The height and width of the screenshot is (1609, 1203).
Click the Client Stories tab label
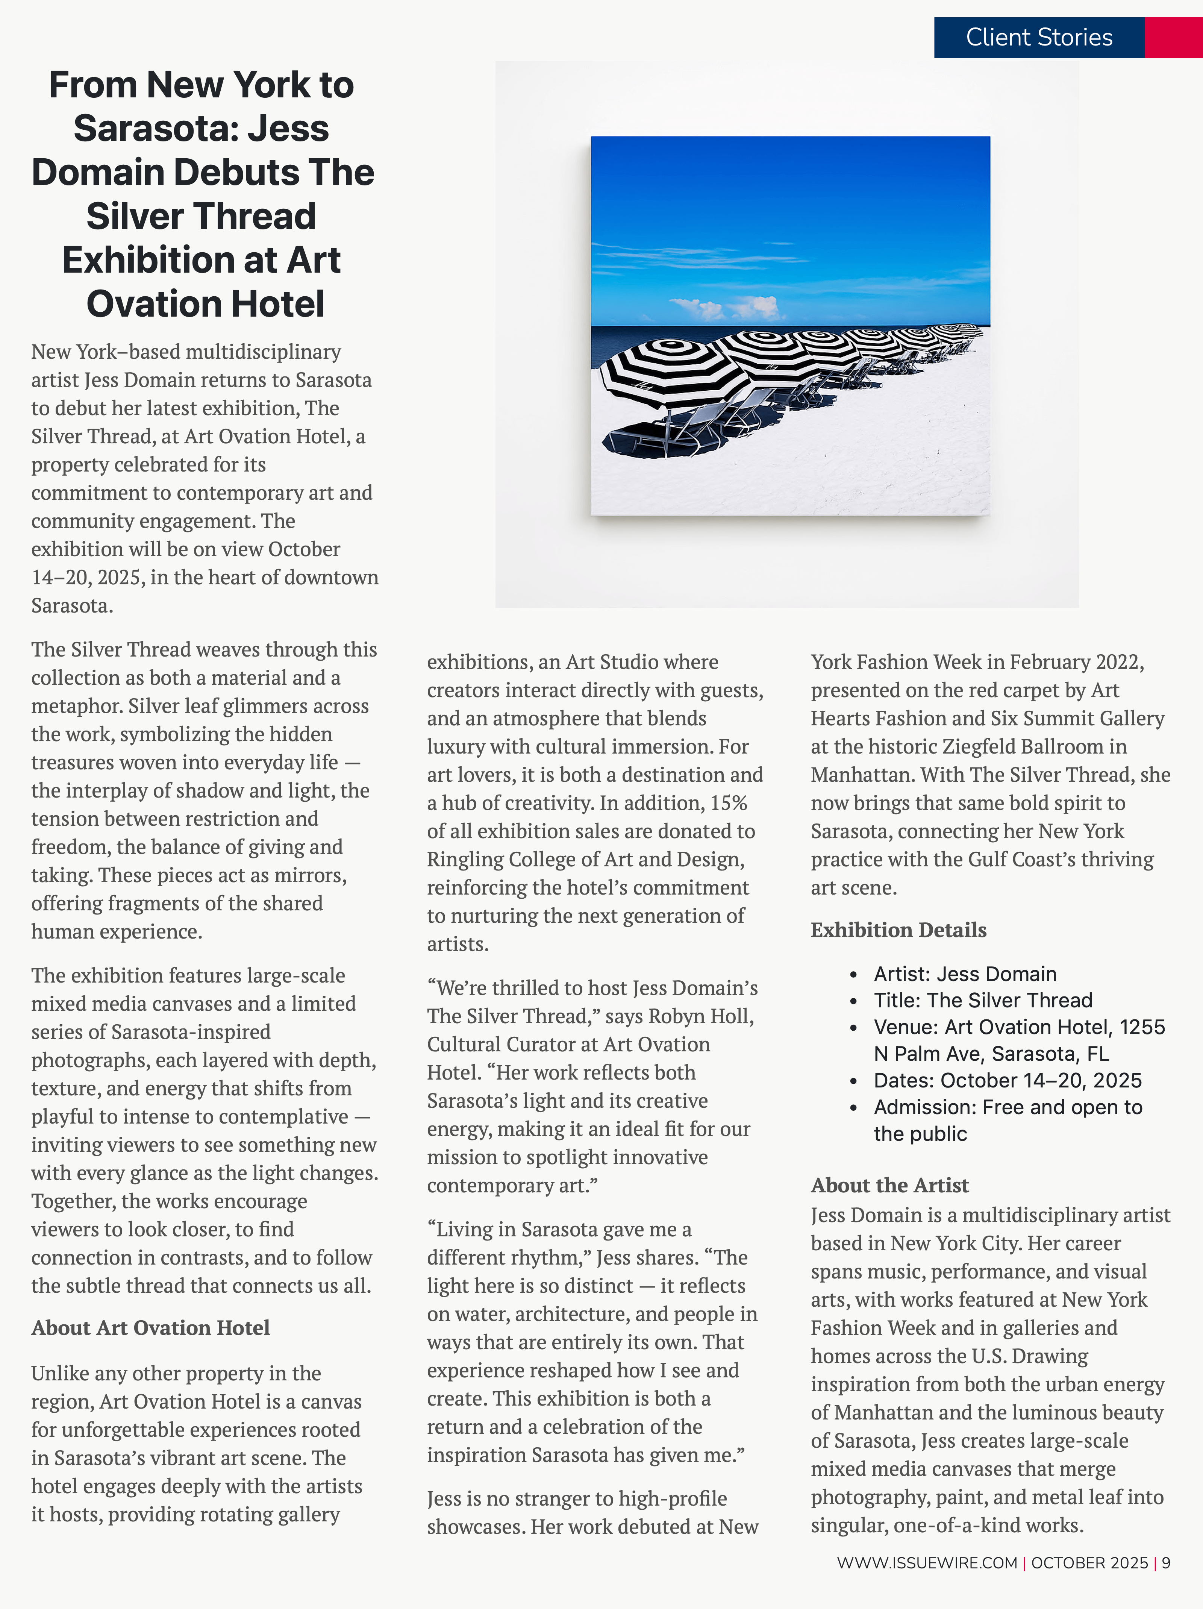pos(1039,38)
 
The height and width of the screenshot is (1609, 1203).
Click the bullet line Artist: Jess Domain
pos(964,974)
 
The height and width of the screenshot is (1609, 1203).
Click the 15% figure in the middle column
pos(729,803)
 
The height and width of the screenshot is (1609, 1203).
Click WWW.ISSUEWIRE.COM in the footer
pos(927,1563)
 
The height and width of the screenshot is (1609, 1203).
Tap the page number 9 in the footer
pos(1166,1563)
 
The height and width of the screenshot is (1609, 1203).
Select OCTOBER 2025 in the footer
pos(1089,1563)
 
